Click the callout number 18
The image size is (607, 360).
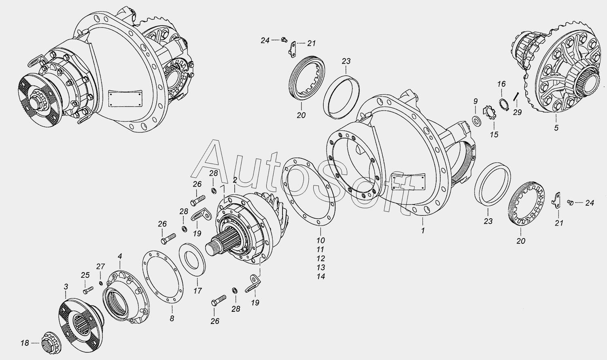[25, 343]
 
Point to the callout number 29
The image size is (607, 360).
[517, 112]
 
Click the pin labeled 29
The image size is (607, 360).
[516, 96]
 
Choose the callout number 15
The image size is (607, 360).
[494, 134]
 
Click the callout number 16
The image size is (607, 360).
[501, 84]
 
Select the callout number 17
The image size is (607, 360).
[197, 291]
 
